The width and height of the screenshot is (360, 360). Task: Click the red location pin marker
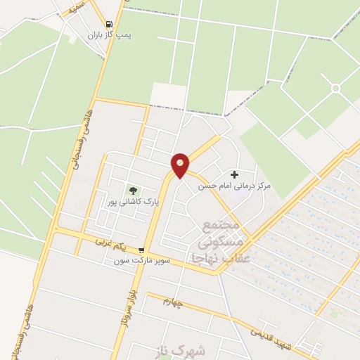pos(181,165)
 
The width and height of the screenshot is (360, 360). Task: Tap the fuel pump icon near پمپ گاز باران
pos(108,22)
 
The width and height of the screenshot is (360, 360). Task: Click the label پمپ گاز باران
pos(110,34)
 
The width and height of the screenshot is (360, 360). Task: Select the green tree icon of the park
pos(132,190)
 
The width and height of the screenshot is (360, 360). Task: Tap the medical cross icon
pos(234,174)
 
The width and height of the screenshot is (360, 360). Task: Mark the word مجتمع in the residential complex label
pos(221,226)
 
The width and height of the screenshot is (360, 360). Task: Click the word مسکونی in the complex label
pos(221,243)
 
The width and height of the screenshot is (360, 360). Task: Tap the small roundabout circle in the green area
pos(335,88)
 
